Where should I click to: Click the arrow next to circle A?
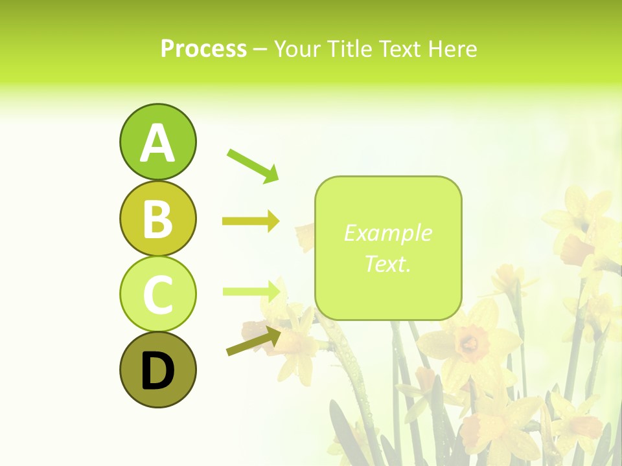[x=253, y=165]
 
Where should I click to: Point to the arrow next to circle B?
[x=251, y=221]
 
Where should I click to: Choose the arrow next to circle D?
[x=253, y=341]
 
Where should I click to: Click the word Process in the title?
[x=203, y=49]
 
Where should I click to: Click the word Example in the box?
[x=387, y=233]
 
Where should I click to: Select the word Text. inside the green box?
[x=387, y=263]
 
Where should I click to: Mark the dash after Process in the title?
[x=260, y=50]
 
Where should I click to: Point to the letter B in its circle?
[x=157, y=219]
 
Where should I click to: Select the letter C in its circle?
[x=157, y=294]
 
